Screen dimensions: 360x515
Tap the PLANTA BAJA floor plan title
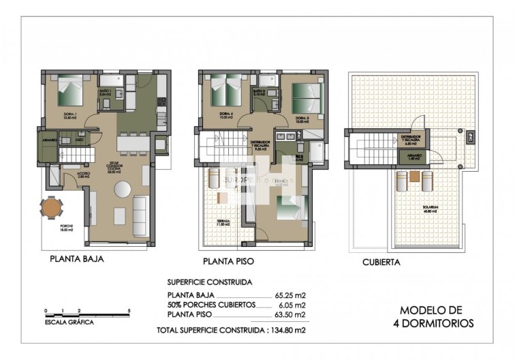tap(76, 259)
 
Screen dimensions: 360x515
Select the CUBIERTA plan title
tap(381, 261)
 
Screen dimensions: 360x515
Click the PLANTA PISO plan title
tap(232, 261)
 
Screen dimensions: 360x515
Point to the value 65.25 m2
tap(292, 295)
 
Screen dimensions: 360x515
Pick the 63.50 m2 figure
tap(292, 315)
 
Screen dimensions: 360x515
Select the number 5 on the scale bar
tap(129, 310)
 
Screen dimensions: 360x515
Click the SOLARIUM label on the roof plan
tap(428, 208)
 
